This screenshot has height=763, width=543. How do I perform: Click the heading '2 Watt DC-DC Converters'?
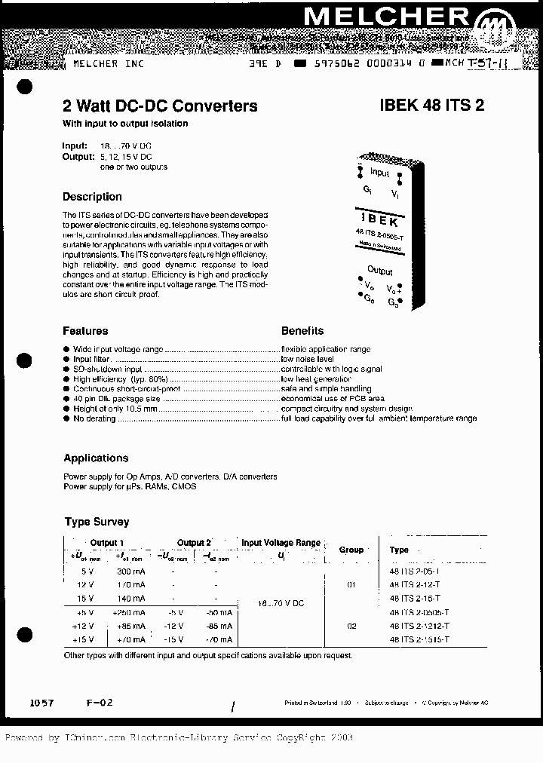(159, 106)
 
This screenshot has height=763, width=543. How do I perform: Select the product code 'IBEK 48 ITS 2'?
(431, 106)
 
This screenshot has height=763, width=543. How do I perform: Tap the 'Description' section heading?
(92, 197)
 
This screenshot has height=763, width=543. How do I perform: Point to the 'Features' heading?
(85, 331)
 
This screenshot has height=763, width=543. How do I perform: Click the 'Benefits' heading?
(302, 331)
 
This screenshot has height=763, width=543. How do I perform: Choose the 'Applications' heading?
(96, 458)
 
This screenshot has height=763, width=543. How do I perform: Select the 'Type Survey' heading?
(97, 522)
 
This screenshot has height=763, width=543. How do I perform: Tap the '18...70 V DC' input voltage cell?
(281, 604)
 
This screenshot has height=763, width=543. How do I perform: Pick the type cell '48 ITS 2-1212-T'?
(419, 625)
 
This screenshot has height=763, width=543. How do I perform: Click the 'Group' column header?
(351, 550)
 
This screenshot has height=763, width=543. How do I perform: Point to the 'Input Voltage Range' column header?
(281, 543)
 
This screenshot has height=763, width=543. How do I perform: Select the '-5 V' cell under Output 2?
(175, 611)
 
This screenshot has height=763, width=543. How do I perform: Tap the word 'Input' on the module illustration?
(380, 173)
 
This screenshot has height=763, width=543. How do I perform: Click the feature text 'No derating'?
(94, 418)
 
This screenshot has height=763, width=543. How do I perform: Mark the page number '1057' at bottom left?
(41, 702)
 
